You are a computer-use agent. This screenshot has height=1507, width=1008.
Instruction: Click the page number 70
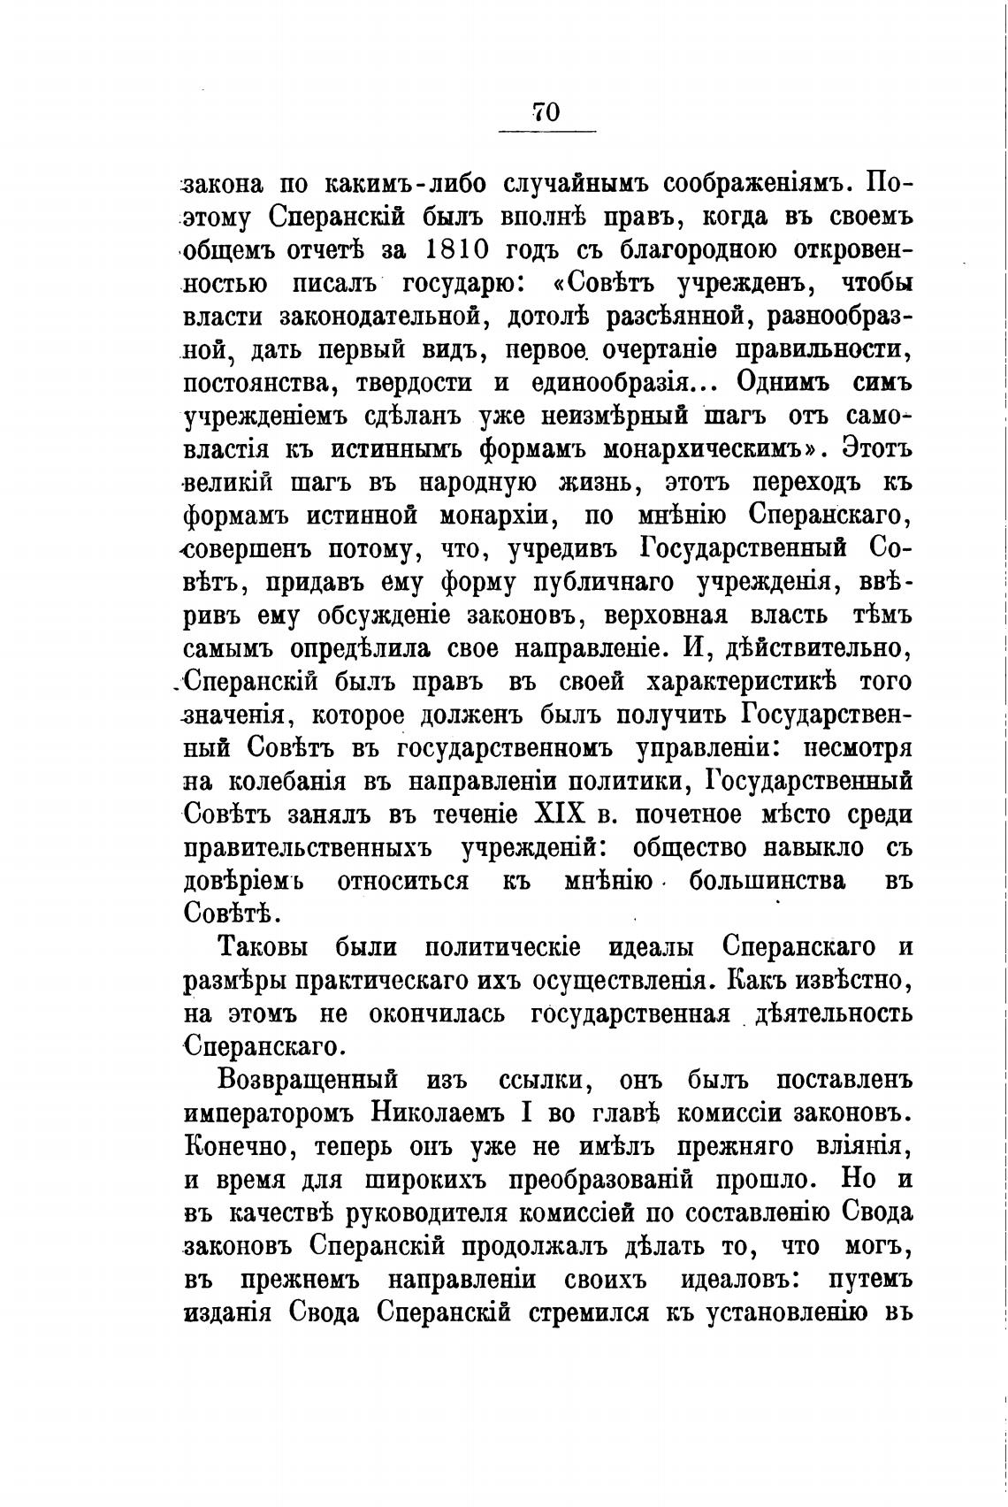click(x=546, y=111)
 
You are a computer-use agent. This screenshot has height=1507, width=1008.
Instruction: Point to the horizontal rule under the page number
click(x=546, y=134)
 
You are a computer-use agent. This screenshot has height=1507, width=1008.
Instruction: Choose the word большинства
click(x=767, y=881)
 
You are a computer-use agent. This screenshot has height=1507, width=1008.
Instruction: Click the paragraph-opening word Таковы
click(x=263, y=946)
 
